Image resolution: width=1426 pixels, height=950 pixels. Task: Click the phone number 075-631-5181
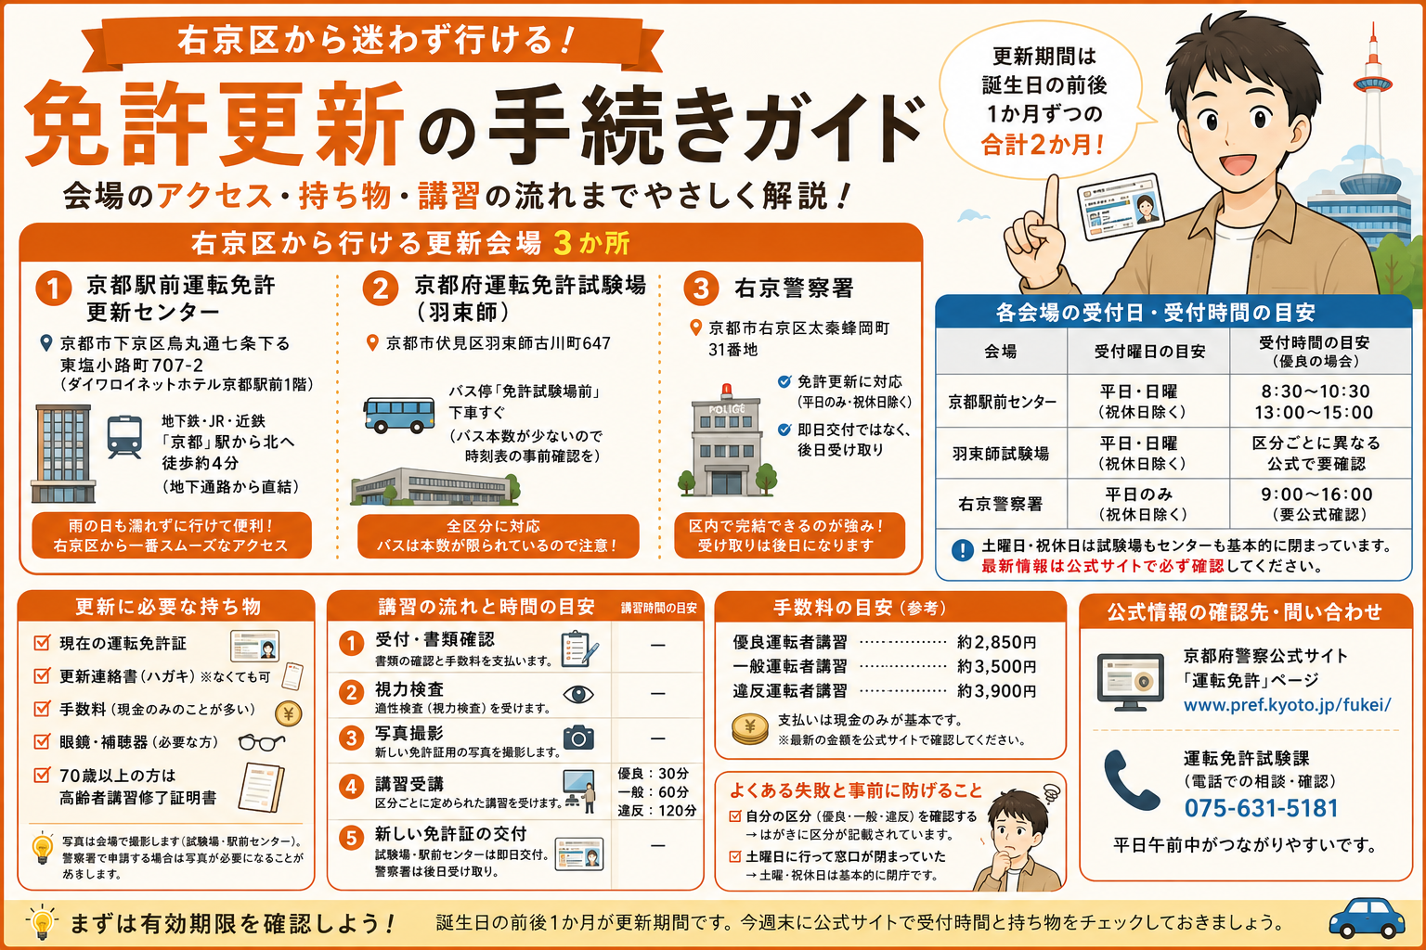point(1261,808)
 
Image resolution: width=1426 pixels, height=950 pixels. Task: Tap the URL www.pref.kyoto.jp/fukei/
point(1288,705)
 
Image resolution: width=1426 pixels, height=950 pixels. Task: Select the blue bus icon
point(399,414)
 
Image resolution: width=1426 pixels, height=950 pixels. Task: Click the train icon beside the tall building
point(124,437)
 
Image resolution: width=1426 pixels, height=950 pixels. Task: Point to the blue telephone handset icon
point(1129,780)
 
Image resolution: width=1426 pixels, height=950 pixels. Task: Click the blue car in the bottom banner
point(1367,918)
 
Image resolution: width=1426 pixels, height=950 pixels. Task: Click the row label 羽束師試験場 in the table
point(1001,453)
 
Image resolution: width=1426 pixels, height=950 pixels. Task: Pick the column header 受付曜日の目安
point(1149,352)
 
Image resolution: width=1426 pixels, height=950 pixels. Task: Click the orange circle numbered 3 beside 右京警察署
point(701,289)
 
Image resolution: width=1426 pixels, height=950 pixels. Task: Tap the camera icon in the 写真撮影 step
point(578,737)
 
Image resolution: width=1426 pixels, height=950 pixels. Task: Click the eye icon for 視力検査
point(578,694)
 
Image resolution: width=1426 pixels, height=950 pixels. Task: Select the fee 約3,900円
point(997,691)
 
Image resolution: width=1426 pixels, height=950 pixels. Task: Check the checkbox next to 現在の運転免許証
point(42,643)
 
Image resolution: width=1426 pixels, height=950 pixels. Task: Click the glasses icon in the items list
point(261,742)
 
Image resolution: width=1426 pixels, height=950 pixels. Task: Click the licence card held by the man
point(1121,208)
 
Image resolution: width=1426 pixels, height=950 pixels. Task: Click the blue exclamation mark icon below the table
point(963,550)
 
